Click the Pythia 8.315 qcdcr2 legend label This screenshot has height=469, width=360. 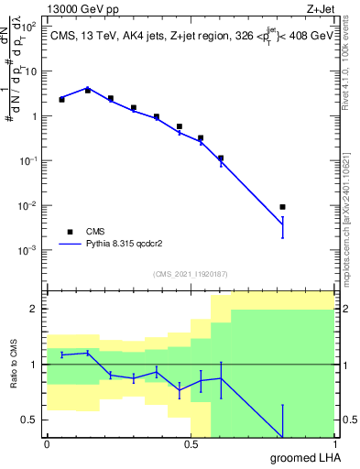coord(125,245)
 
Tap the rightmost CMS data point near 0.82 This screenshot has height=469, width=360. coord(282,207)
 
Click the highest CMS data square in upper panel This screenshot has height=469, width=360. coord(88,91)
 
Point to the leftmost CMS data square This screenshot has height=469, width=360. coord(61,99)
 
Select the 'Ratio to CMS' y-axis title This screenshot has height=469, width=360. coord(15,365)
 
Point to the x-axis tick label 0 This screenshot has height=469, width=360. coord(47,445)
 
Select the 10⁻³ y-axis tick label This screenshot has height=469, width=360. coord(29,250)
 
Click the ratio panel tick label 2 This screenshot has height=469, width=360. coord(37,309)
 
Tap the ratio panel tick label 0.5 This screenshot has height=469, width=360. coord(32,420)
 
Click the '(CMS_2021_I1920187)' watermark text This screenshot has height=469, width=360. coord(190,274)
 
